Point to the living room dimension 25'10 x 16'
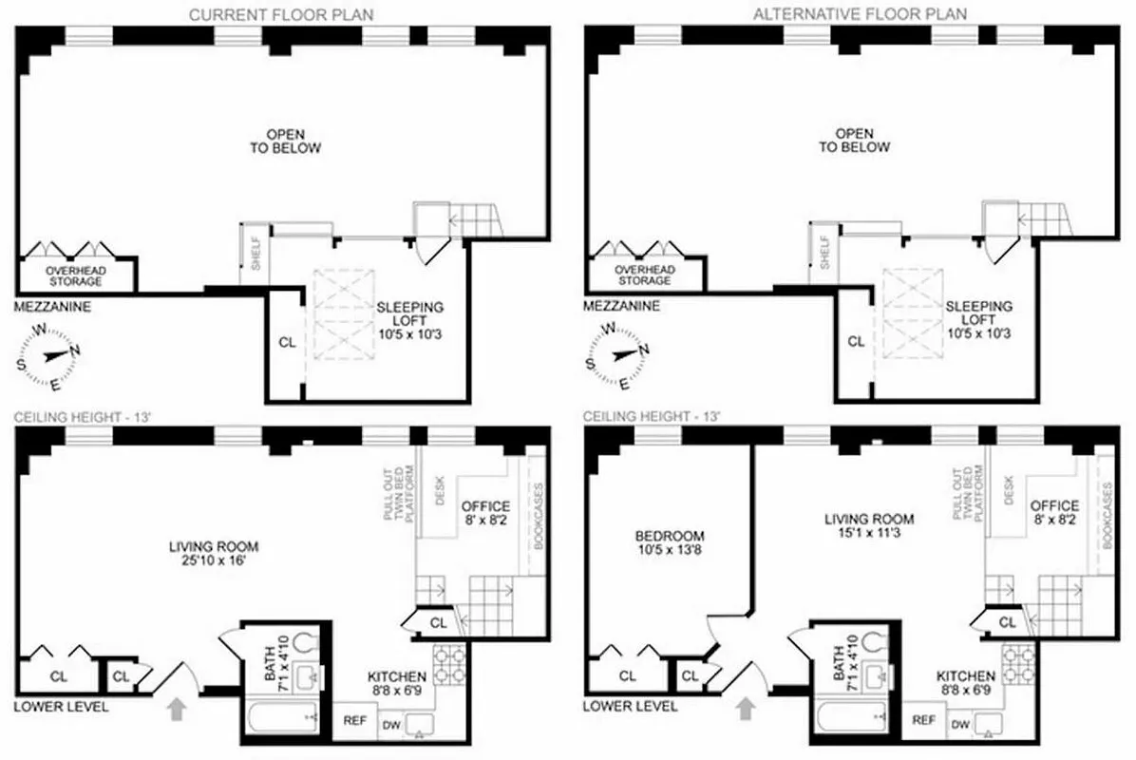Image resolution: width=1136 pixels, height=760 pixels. pyautogui.click(x=214, y=561)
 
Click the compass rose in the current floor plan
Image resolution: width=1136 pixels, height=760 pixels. pyautogui.click(x=52, y=356)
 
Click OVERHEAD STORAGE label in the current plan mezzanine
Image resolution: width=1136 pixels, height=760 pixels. pyautogui.click(x=74, y=275)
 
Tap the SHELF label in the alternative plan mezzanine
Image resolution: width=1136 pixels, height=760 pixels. pyautogui.click(x=824, y=252)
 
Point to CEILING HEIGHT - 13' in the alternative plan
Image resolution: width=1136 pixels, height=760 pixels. pyautogui.click(x=652, y=416)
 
